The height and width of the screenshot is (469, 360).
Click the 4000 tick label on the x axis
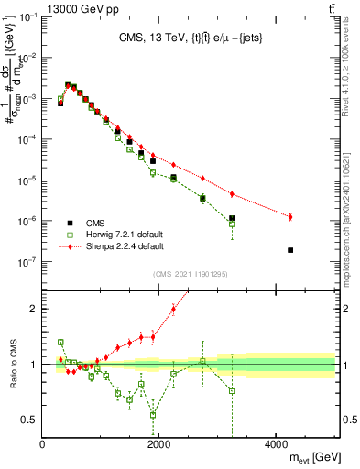pos(277,446)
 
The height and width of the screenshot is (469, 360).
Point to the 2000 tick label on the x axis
pos(159,446)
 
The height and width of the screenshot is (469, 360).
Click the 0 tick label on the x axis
pos(43,446)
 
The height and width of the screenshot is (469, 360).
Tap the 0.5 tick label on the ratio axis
pos(28,420)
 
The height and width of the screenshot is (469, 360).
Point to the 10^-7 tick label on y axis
pos(27,262)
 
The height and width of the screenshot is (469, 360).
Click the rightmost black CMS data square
pos(290,250)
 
